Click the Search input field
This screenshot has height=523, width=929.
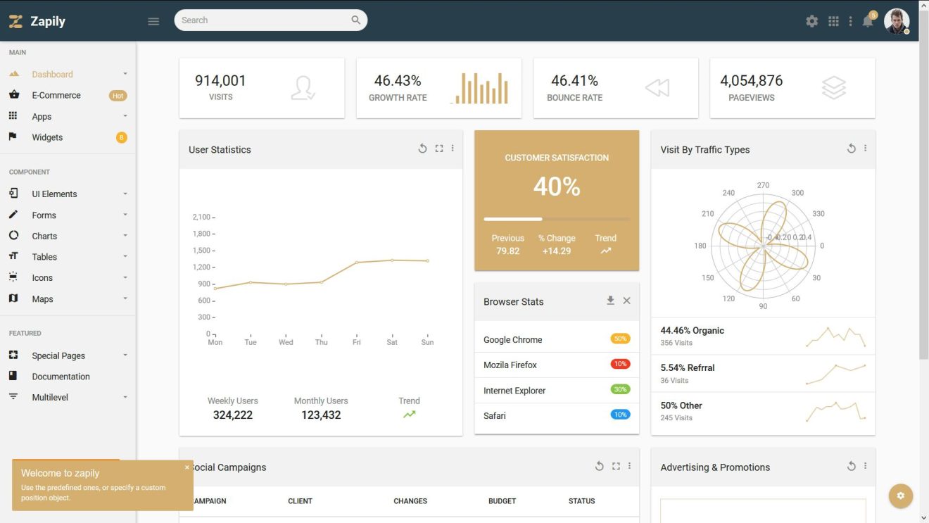[264, 20]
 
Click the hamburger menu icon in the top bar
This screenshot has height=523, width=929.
[153, 21]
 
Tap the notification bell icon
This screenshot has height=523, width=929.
[868, 21]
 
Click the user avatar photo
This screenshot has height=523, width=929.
[896, 21]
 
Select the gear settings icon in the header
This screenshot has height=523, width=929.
[812, 21]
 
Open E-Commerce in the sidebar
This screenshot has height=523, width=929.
[56, 95]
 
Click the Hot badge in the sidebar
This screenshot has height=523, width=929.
[118, 96]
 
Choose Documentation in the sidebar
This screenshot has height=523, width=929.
[61, 377]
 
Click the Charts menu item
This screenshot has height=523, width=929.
[44, 236]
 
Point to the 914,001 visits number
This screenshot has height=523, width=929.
[220, 81]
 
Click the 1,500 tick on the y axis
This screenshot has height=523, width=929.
[201, 251]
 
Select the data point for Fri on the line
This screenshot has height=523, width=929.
[357, 263]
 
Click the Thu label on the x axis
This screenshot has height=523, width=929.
[321, 342]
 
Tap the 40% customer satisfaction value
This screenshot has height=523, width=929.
[557, 187]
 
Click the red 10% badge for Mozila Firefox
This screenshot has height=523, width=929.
[620, 364]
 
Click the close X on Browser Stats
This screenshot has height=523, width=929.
[626, 301]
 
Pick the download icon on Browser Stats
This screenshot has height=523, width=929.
[610, 301]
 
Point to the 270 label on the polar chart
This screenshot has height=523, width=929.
[763, 185]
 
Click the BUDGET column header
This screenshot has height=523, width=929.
[502, 501]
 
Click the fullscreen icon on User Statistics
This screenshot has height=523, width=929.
[439, 149]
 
